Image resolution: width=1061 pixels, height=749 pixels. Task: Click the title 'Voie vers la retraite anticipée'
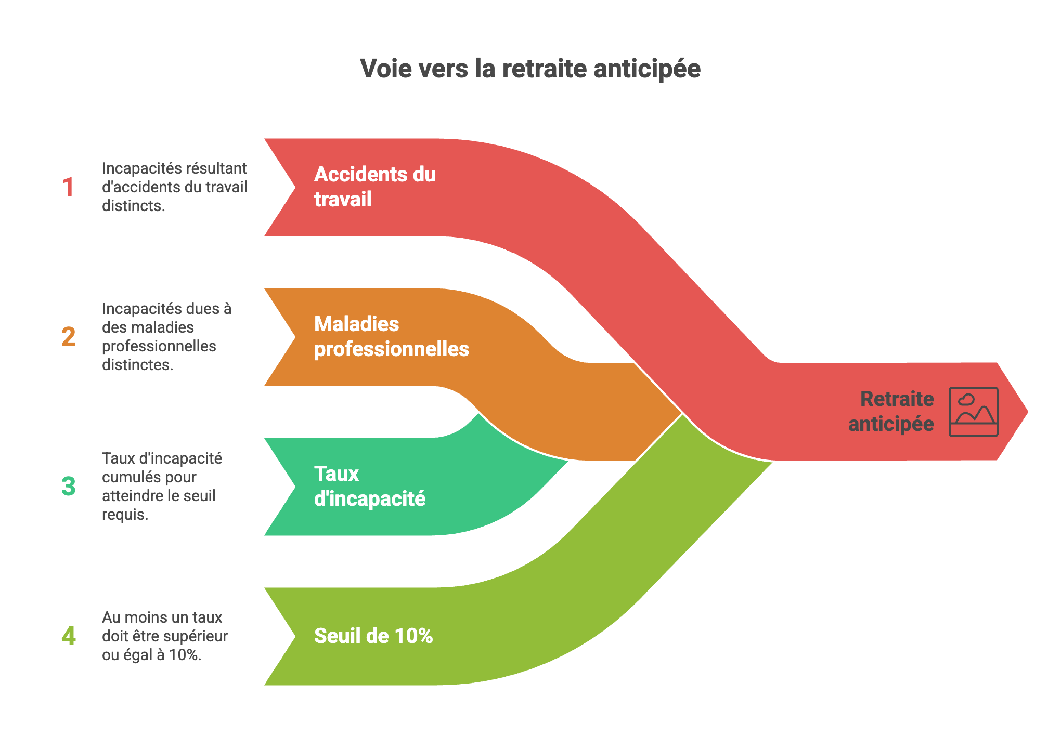pyautogui.click(x=530, y=69)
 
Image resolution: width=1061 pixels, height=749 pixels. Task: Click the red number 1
pyautogui.click(x=68, y=187)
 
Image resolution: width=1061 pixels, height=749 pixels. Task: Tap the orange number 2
pyautogui.click(x=68, y=337)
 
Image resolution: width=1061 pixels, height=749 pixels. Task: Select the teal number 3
pyautogui.click(x=68, y=487)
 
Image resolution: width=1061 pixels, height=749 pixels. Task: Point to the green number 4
pyautogui.click(x=68, y=636)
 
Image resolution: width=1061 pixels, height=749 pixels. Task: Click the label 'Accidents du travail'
pyautogui.click(x=375, y=187)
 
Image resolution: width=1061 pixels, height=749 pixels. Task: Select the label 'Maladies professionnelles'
pyautogui.click(x=392, y=336)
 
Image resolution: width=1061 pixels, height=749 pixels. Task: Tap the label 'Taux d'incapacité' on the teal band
pyautogui.click(x=370, y=486)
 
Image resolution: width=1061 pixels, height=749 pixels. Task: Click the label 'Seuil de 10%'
pyautogui.click(x=373, y=636)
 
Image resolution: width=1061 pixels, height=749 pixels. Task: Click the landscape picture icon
pyautogui.click(x=973, y=412)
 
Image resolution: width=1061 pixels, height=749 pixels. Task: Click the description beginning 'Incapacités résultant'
pyautogui.click(x=174, y=187)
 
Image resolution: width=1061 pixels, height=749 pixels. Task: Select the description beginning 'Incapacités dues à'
pyautogui.click(x=166, y=337)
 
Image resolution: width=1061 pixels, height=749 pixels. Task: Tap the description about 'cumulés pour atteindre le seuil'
pyautogui.click(x=162, y=487)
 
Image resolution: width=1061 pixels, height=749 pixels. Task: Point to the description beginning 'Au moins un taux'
pyautogui.click(x=165, y=636)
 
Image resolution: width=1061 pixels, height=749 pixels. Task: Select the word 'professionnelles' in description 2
pyautogui.click(x=159, y=346)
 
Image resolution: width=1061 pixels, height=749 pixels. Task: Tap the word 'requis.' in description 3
pyautogui.click(x=125, y=515)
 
